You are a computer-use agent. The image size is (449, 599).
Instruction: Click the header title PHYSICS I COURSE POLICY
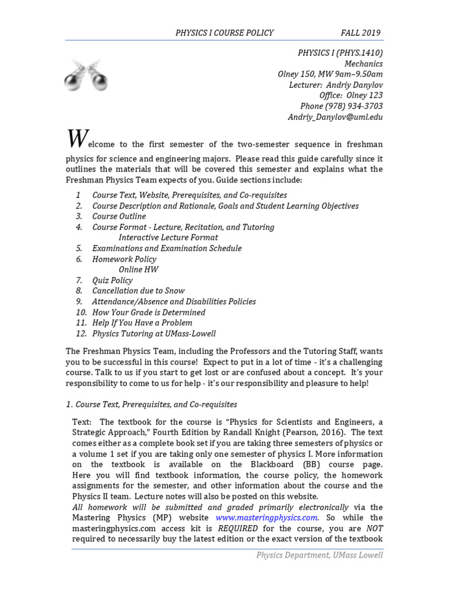click(224, 33)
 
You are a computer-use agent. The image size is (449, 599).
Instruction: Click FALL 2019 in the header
click(361, 33)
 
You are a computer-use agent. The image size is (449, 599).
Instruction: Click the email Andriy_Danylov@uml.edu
click(335, 116)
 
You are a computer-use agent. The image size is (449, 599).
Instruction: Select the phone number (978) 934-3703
click(341, 106)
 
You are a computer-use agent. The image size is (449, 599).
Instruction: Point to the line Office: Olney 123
click(351, 95)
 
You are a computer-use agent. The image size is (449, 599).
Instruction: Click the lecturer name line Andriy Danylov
click(336, 85)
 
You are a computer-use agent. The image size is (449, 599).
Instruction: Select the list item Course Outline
click(119, 216)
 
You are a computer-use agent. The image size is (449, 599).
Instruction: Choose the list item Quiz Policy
click(112, 280)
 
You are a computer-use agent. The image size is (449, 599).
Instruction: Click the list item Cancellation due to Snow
click(138, 291)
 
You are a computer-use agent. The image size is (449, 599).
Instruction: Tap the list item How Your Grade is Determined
click(148, 312)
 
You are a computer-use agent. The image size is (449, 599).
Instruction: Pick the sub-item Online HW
click(138, 270)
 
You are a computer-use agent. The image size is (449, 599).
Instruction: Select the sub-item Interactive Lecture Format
click(168, 237)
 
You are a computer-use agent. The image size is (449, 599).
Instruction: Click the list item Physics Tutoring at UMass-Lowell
click(154, 333)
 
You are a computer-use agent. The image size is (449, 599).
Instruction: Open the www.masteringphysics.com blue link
click(267, 518)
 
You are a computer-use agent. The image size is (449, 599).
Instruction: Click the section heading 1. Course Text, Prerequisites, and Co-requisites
click(151, 404)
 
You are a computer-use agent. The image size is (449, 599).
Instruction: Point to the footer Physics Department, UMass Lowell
click(319, 555)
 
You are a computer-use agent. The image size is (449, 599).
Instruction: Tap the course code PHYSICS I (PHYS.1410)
click(340, 53)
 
